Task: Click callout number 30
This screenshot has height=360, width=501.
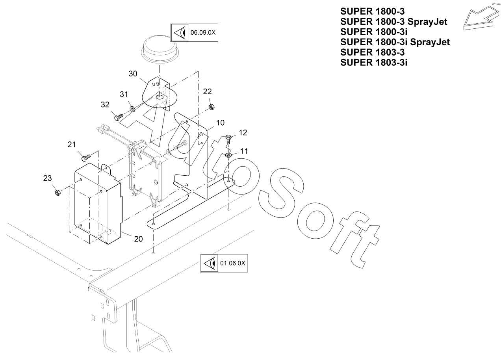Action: point(133,73)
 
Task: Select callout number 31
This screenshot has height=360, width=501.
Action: point(124,94)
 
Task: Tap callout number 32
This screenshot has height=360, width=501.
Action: point(105,104)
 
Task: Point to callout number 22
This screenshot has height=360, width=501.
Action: point(207,91)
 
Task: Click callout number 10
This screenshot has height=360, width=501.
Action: point(220,122)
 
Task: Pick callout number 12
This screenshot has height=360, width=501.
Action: point(243,132)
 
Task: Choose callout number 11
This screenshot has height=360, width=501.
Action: point(244,150)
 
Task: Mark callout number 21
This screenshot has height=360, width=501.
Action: point(71,145)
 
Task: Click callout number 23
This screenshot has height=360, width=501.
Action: point(48,178)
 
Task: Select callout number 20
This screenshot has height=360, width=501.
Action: point(138,239)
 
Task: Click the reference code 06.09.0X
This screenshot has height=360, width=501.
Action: point(203,33)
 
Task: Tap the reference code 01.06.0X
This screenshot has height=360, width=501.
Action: point(232,263)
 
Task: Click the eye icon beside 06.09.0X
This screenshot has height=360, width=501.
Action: point(179,33)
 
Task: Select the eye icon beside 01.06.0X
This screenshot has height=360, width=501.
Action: point(209,263)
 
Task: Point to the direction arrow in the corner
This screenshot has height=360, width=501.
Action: point(478,18)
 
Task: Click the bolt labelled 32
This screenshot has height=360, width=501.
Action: point(118,117)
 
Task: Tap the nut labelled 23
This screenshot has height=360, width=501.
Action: point(57,192)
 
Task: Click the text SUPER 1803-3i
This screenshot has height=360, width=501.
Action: point(374,62)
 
